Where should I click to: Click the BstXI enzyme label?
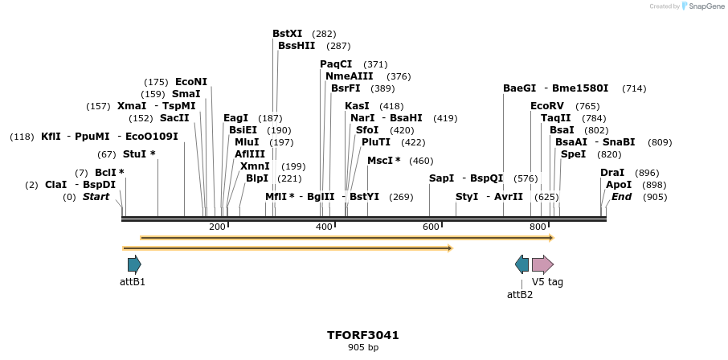click(x=288, y=34)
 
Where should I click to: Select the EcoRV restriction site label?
click(x=547, y=106)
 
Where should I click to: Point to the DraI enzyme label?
click(x=612, y=173)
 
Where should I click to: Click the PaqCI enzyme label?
click(x=336, y=64)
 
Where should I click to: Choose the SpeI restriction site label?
click(x=574, y=154)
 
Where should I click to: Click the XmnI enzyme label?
click(x=255, y=166)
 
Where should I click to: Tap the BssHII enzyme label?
click(x=297, y=46)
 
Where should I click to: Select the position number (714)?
click(x=634, y=88)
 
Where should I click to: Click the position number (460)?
click(x=421, y=161)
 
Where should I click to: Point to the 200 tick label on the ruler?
click(x=217, y=227)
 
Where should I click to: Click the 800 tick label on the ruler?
click(x=537, y=227)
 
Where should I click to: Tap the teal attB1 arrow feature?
click(x=134, y=264)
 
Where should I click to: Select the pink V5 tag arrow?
click(x=542, y=264)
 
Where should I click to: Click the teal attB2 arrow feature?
click(x=522, y=264)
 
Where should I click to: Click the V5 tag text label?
click(x=547, y=282)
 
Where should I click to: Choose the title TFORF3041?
click(x=363, y=335)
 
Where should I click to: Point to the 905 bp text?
click(x=363, y=348)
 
